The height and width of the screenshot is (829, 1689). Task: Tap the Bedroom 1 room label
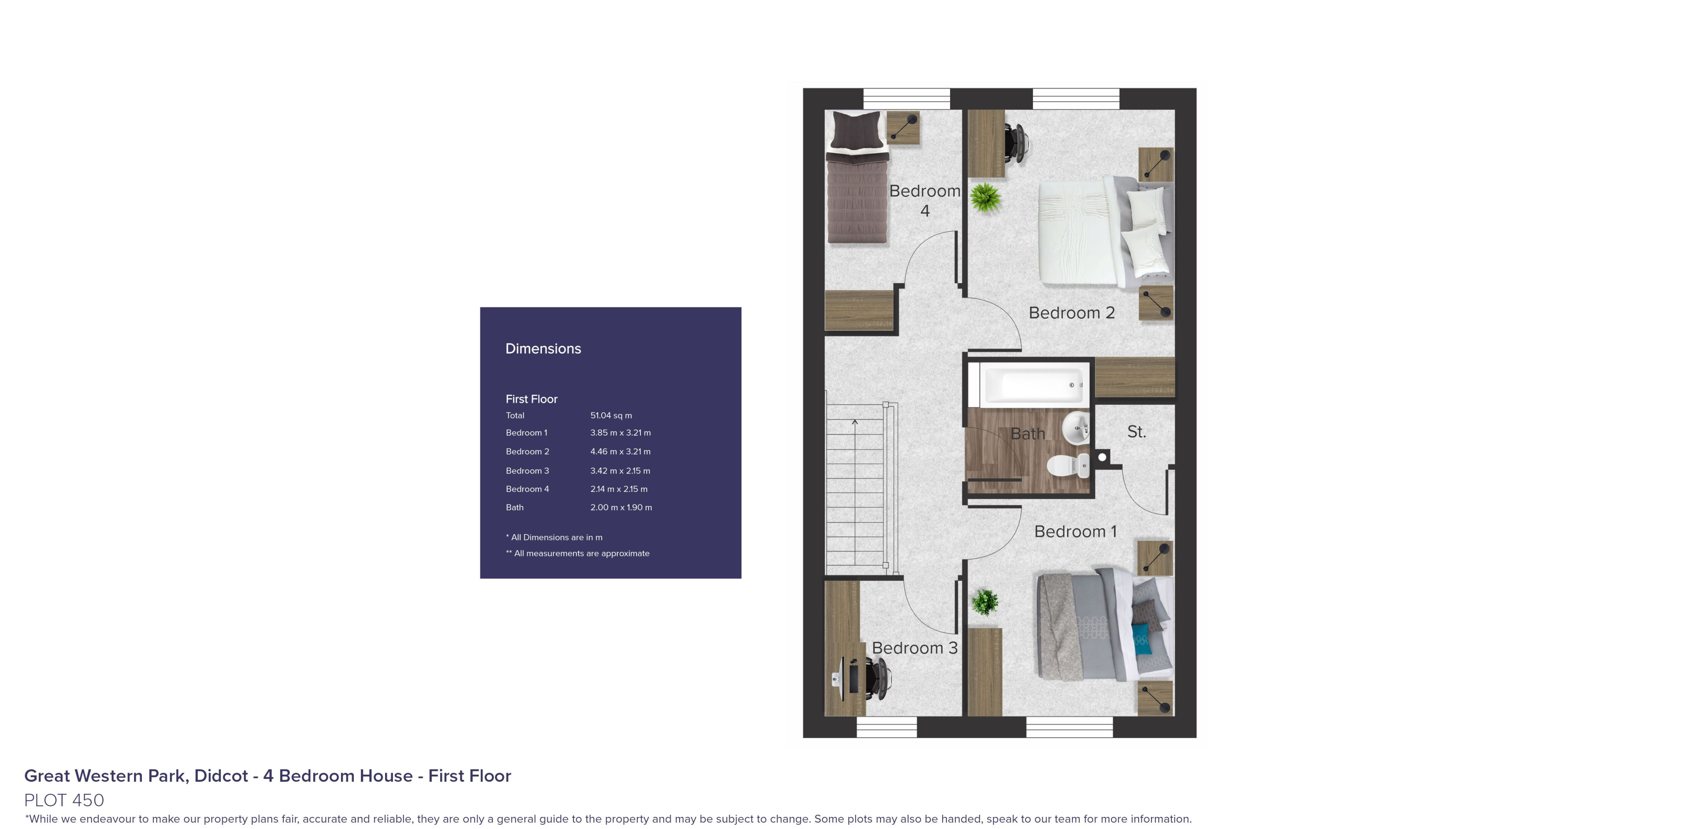[1075, 531]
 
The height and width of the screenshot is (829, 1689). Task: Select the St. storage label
[1136, 432]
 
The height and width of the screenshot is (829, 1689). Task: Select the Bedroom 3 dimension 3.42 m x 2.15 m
[620, 470]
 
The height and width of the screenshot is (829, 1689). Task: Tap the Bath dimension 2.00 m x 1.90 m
[621, 507]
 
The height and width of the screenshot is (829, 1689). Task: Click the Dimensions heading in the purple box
[543, 348]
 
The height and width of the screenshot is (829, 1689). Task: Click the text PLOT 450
[64, 800]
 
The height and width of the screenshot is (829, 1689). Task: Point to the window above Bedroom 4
[906, 98]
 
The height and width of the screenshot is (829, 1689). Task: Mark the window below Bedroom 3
[886, 727]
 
